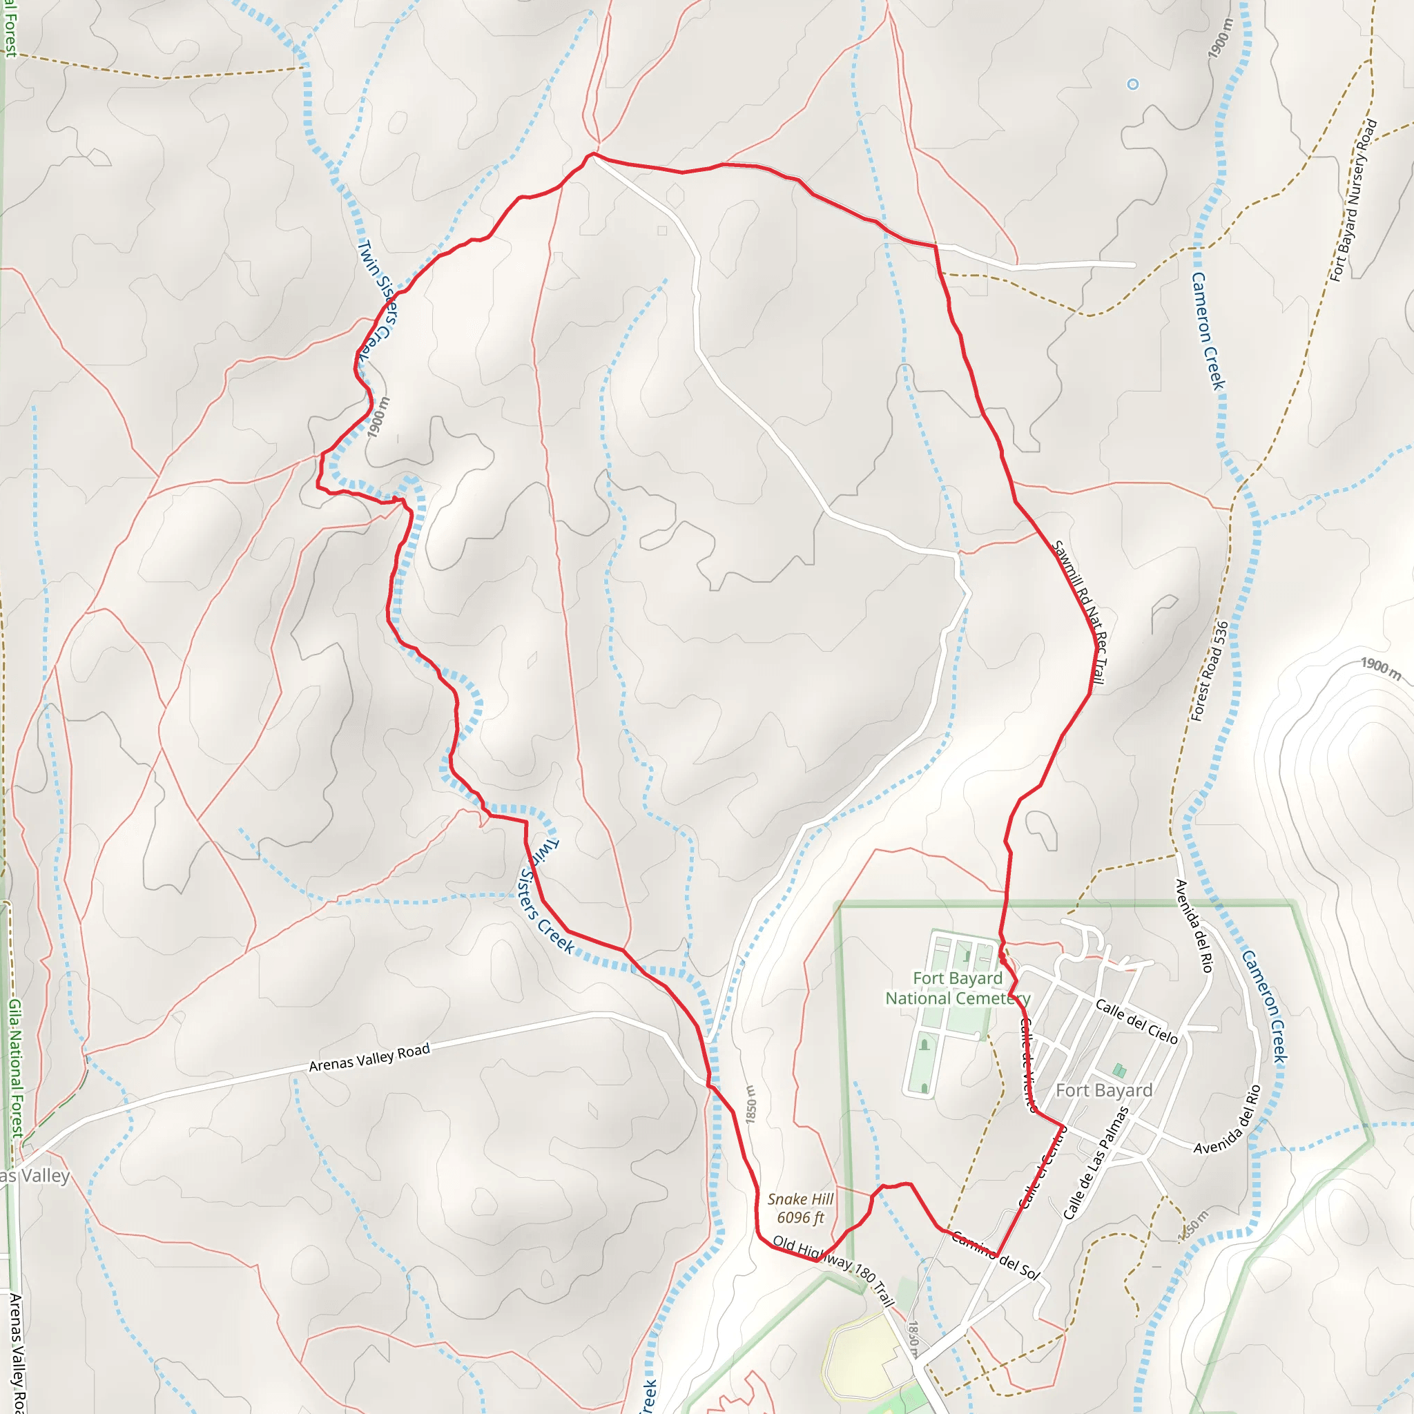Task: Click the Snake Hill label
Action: (x=800, y=1199)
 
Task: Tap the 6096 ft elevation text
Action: (x=800, y=1217)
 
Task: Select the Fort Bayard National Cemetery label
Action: (x=958, y=988)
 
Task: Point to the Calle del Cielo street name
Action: (x=1136, y=1022)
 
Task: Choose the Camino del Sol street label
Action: (x=996, y=1255)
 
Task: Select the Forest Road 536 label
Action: (x=1209, y=671)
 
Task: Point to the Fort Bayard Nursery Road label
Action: (x=1354, y=200)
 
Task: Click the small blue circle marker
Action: (x=1132, y=84)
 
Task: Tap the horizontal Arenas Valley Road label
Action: (x=369, y=1058)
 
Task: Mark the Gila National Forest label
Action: (x=15, y=1069)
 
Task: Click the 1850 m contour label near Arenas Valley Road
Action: (x=751, y=1104)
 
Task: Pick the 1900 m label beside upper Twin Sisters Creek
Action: (x=378, y=418)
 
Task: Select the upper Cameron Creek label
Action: (x=1208, y=331)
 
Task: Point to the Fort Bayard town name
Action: (x=1104, y=1090)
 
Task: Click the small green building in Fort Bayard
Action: (x=1119, y=1071)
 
